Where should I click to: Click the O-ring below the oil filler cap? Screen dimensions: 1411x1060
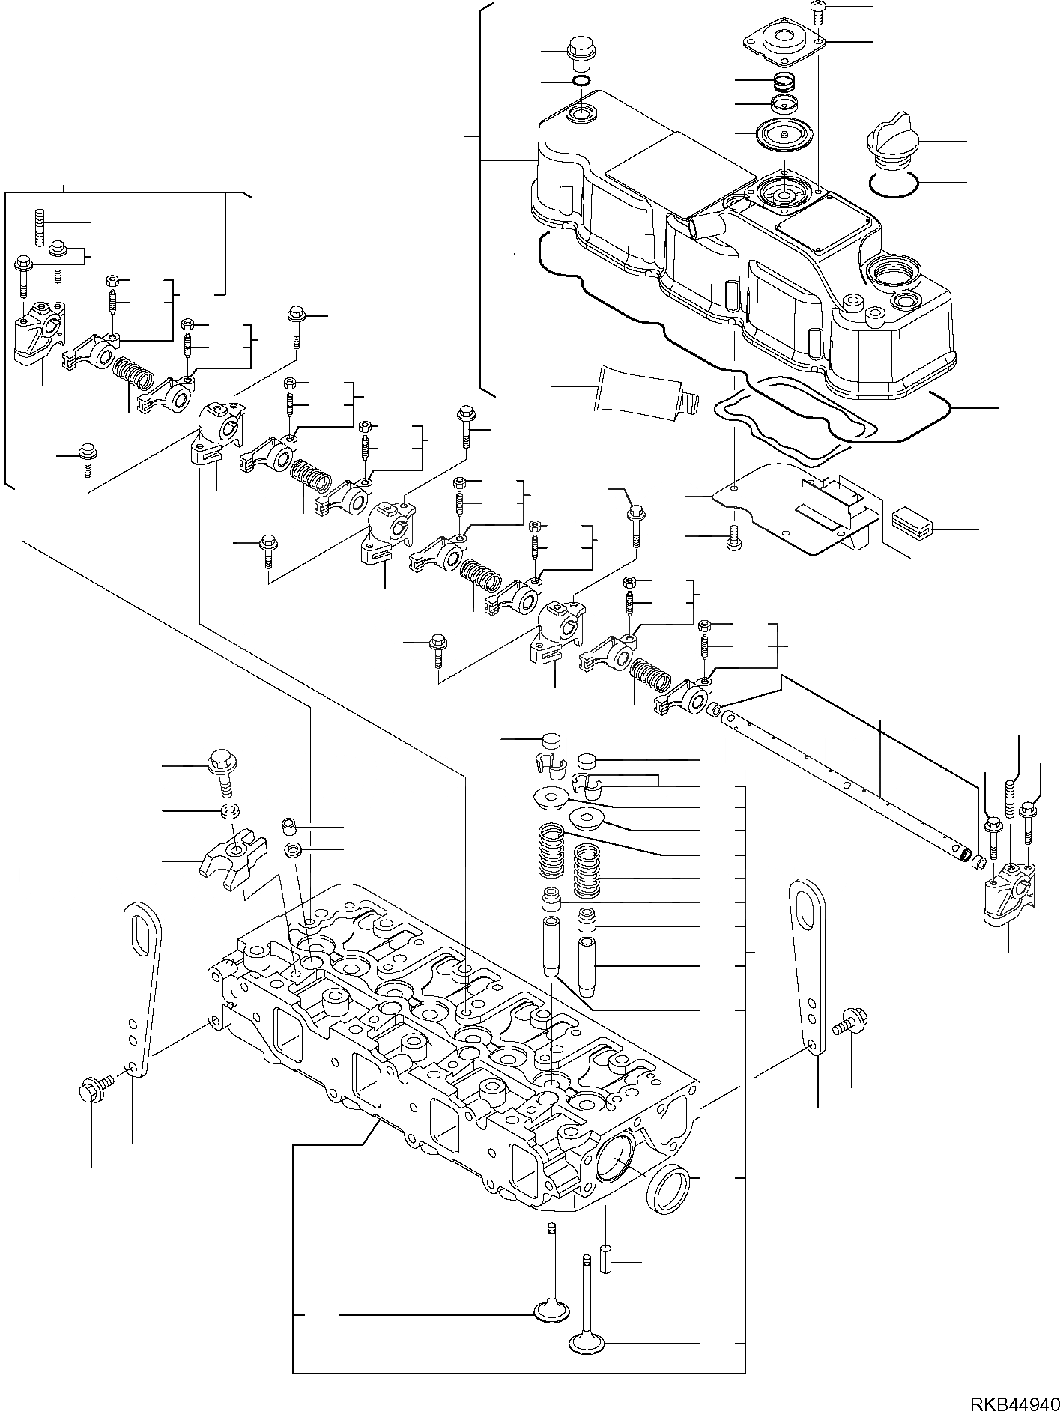tap(894, 184)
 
